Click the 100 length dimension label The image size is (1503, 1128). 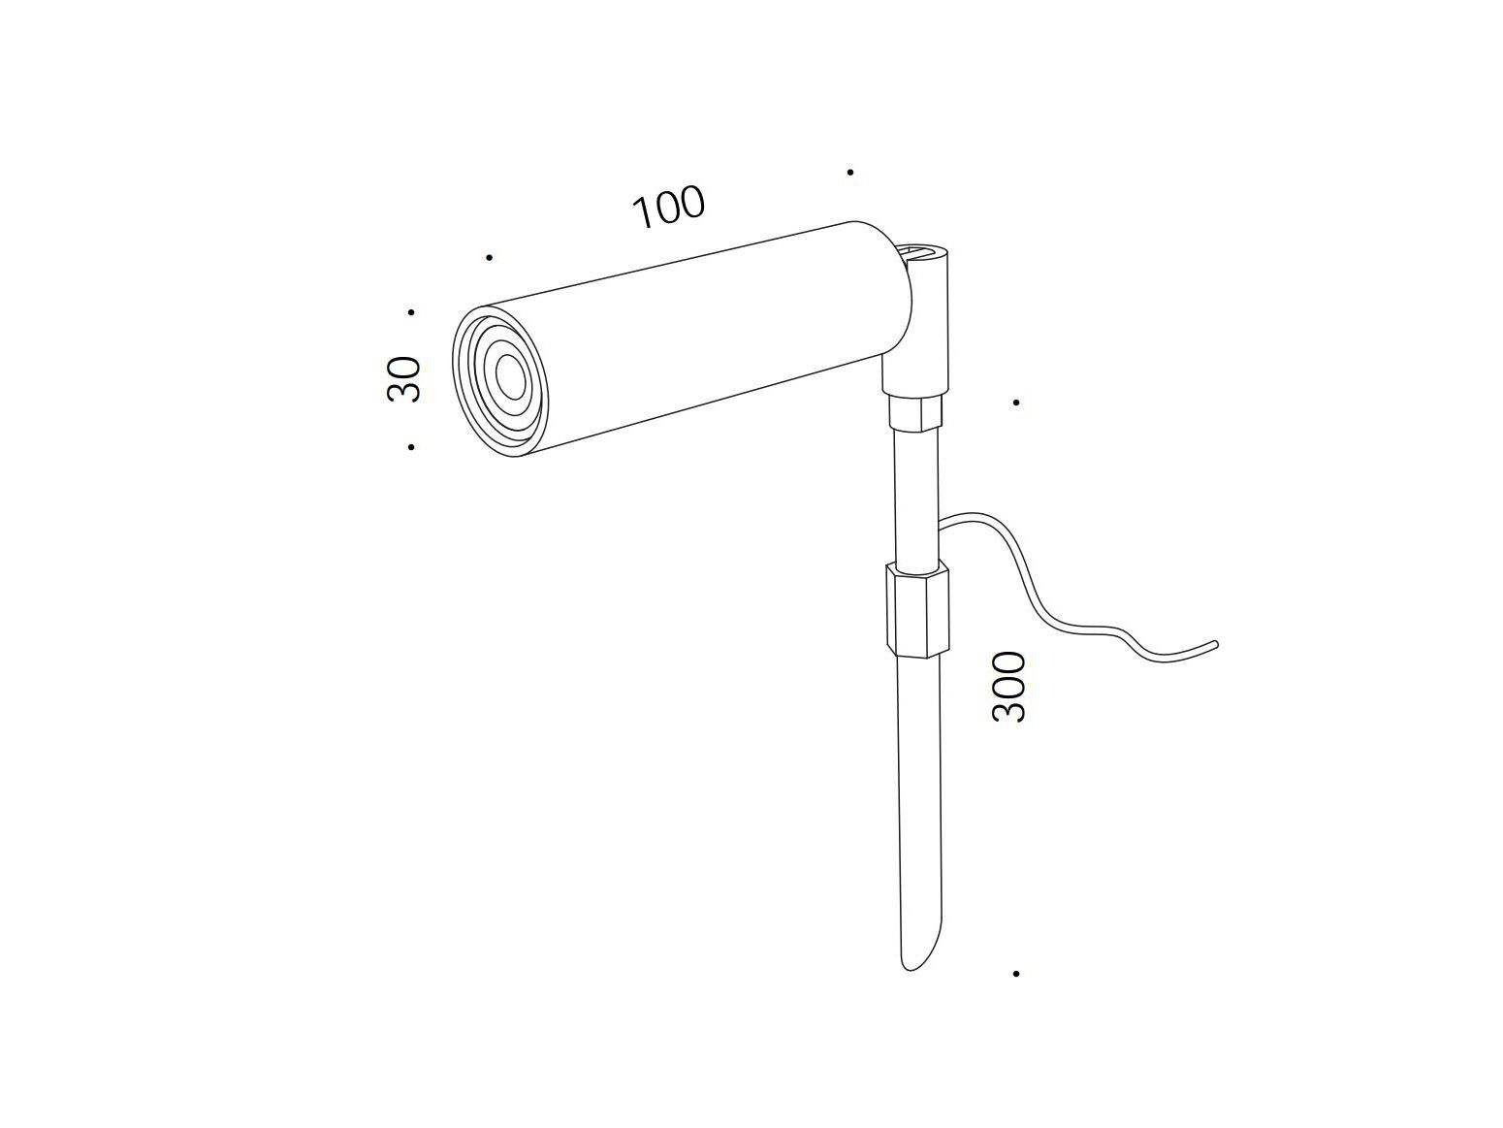coord(667,207)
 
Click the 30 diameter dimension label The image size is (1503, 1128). coord(403,378)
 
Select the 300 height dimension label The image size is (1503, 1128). coord(1008,687)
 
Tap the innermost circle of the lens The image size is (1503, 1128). coord(510,376)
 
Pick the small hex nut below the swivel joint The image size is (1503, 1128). coord(915,411)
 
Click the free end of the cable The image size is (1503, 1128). coord(1215,643)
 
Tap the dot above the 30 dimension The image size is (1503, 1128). coord(411,312)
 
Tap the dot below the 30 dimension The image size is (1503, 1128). coord(411,447)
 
